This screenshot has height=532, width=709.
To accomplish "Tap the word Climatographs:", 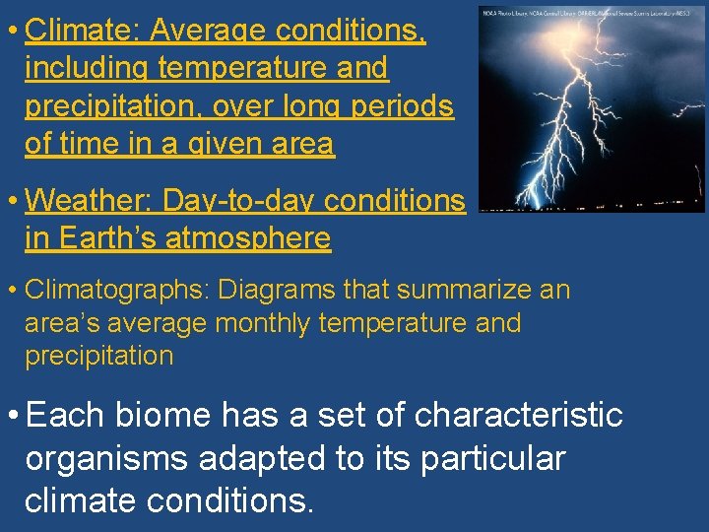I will tap(116, 290).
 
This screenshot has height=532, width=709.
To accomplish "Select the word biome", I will tap(162, 416).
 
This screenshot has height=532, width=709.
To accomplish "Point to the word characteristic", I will tap(519, 416).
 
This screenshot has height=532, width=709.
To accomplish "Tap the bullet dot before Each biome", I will tap(13, 416).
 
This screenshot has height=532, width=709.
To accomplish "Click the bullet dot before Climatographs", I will tap(13, 290).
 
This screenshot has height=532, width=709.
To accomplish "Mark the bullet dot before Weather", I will tap(13, 201).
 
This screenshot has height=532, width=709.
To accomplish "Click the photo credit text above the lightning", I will tap(592, 11).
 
